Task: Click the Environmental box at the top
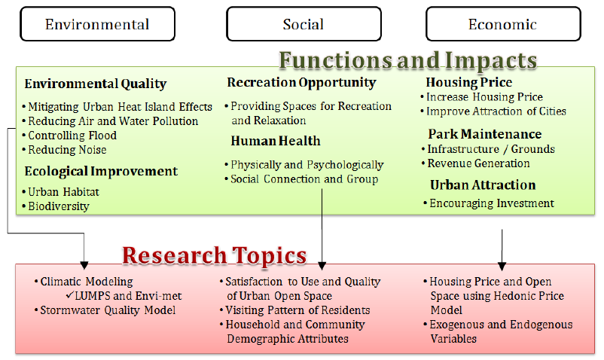97,24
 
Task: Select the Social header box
304,24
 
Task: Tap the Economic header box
503,24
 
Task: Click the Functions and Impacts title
408,60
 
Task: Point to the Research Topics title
215,255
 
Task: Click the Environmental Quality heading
96,84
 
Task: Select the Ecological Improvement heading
101,171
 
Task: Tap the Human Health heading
276,141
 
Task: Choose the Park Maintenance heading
484,134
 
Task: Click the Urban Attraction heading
483,185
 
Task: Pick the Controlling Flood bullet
69,136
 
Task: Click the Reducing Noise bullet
64,150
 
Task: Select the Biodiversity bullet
56,206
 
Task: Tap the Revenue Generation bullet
476,163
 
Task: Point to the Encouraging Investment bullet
489,203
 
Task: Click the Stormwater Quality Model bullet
105,310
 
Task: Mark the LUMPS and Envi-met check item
124,296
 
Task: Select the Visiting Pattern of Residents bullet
294,310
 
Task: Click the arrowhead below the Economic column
502,266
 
